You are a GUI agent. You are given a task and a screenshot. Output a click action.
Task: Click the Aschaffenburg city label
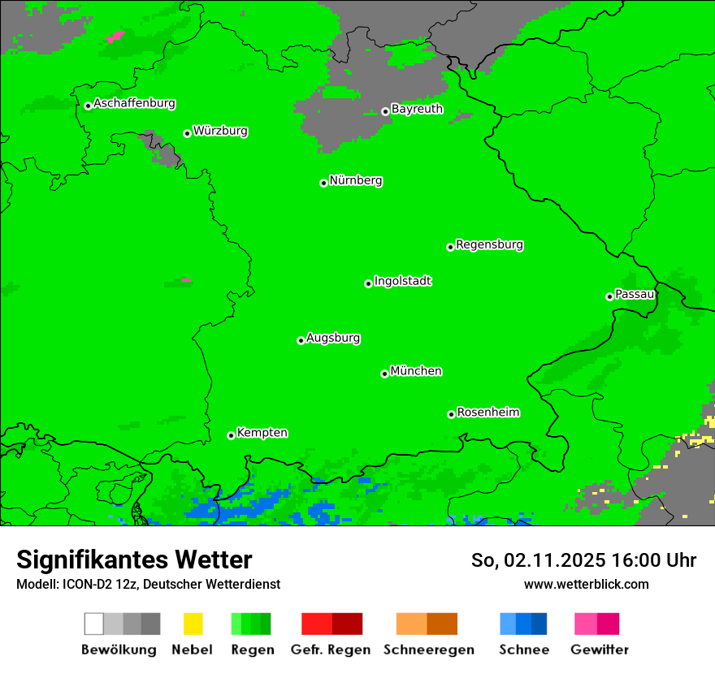(x=134, y=103)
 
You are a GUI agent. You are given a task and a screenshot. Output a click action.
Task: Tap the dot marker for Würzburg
(x=187, y=133)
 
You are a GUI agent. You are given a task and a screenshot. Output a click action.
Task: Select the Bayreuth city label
(x=417, y=109)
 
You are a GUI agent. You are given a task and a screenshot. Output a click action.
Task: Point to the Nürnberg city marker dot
(x=323, y=183)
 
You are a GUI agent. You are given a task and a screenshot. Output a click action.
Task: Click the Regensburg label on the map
(x=489, y=244)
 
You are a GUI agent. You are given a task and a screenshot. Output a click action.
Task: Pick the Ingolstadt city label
(x=402, y=281)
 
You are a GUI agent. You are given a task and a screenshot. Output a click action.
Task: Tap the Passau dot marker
(x=609, y=296)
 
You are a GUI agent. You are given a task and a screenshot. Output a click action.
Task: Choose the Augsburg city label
(x=333, y=338)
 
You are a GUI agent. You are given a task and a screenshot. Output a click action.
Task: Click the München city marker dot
(x=384, y=374)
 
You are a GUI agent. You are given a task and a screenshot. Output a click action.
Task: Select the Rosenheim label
(x=487, y=412)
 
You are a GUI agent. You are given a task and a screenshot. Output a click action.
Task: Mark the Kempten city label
(x=262, y=433)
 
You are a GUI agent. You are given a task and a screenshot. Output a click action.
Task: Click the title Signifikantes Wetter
(x=134, y=560)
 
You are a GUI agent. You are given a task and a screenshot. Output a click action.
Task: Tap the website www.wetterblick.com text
(x=586, y=584)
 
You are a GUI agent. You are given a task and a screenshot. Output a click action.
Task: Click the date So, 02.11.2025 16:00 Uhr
(x=583, y=560)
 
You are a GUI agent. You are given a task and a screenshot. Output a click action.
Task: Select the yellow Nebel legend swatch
(x=193, y=624)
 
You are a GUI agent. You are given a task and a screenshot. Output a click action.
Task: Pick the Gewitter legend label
(x=599, y=650)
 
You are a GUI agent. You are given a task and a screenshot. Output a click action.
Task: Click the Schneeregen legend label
(x=428, y=650)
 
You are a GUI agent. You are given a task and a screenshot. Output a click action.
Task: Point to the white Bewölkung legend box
(x=94, y=624)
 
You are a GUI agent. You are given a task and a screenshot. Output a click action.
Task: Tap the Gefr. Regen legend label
(x=330, y=650)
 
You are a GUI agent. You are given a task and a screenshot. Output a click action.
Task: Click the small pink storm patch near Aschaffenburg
(x=115, y=36)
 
